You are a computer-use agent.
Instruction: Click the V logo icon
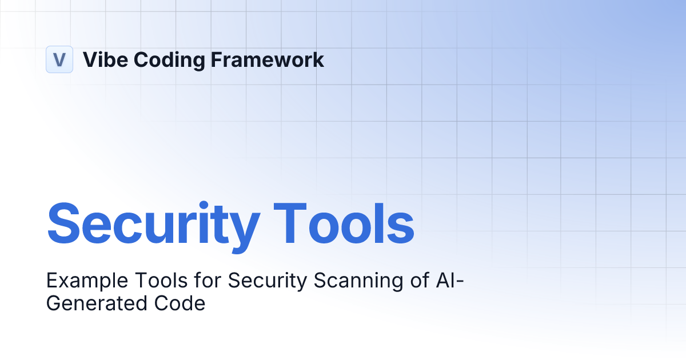[x=59, y=59]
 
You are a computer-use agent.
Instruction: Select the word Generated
[x=97, y=303]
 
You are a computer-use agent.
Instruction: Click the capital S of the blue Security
[x=64, y=222]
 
